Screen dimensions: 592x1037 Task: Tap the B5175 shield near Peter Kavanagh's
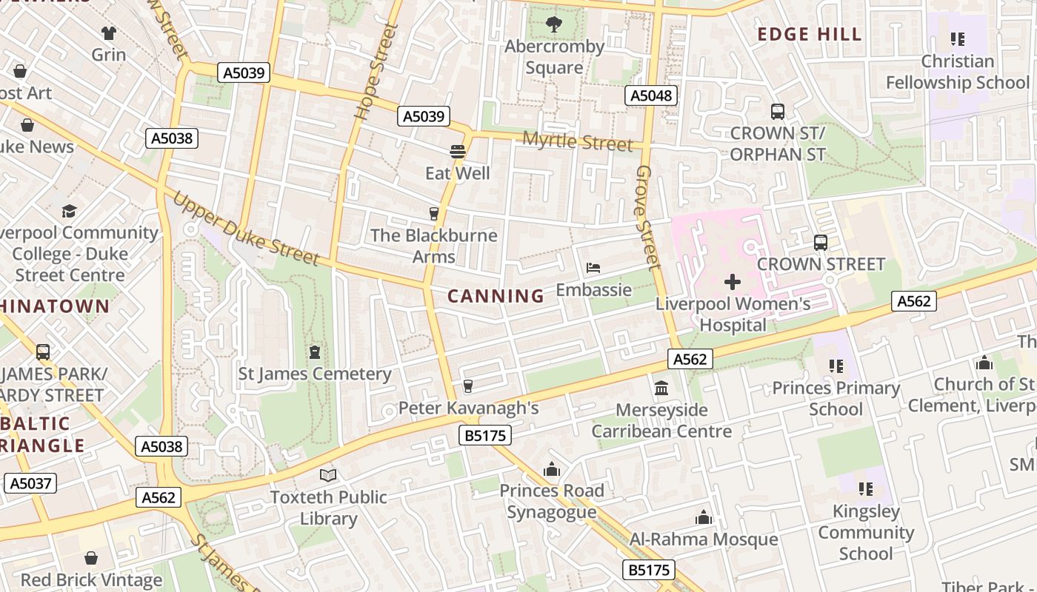486,435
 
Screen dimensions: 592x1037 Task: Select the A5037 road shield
30,483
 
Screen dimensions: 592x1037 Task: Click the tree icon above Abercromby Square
553,24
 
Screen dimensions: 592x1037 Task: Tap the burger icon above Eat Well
457,152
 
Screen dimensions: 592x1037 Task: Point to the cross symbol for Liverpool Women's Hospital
733,282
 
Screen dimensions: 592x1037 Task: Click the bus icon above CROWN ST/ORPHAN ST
777,112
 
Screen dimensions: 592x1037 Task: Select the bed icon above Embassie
593,268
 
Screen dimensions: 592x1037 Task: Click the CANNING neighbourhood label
496,296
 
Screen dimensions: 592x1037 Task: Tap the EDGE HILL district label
810,34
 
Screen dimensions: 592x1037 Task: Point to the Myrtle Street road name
578,141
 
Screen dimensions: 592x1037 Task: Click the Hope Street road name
376,72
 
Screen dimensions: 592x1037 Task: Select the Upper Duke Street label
246,229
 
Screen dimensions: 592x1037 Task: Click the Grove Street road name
647,217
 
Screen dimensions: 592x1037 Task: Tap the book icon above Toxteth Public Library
327,475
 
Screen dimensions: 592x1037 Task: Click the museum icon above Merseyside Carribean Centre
661,388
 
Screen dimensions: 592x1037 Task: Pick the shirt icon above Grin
109,33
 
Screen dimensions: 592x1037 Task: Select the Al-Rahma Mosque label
704,539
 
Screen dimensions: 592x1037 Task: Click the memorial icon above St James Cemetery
315,351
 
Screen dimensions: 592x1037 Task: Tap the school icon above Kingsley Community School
865,489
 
